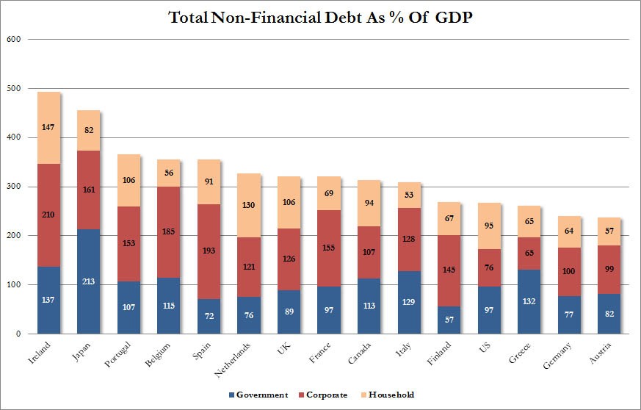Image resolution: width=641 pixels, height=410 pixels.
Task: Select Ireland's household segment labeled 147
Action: click(48, 128)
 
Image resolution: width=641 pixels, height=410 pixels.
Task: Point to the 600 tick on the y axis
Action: click(13, 39)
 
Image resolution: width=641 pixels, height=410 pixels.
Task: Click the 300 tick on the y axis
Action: click(13, 187)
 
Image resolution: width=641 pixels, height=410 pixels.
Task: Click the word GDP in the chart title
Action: click(450, 17)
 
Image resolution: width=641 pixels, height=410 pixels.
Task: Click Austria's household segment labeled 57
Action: click(608, 231)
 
